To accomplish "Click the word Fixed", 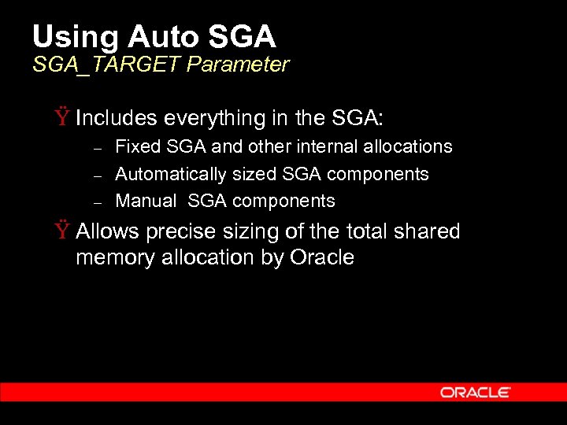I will (x=135, y=146).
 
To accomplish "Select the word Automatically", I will (x=171, y=174).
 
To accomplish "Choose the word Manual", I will (x=146, y=201).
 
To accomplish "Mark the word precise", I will (x=176, y=231).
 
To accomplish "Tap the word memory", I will (x=116, y=257).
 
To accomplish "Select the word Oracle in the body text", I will (x=322, y=257).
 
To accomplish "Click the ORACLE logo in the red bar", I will (x=475, y=392).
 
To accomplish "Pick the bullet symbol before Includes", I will (x=61, y=118).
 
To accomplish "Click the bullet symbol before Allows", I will (x=61, y=231).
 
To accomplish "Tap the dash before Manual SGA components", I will (x=98, y=202).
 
